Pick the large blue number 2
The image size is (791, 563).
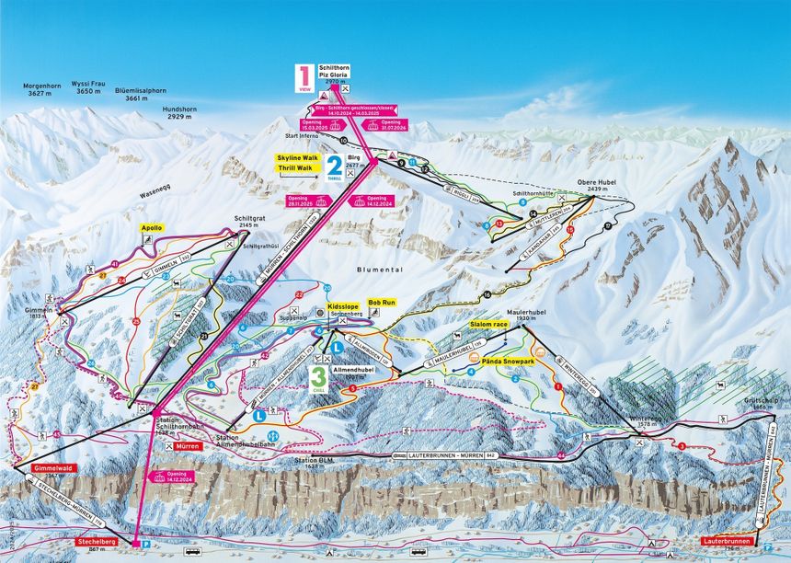(334, 165)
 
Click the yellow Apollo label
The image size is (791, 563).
(151, 227)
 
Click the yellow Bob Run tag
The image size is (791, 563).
(381, 302)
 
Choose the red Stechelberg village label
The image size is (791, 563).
(95, 542)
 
